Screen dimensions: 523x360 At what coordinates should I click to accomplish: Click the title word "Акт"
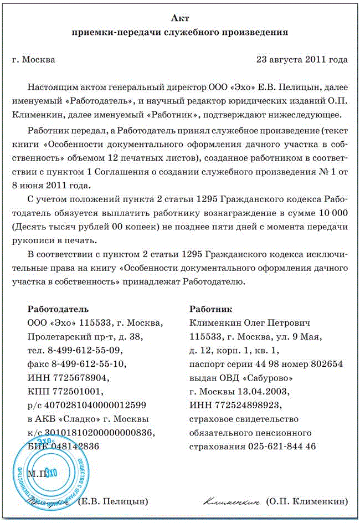(180, 19)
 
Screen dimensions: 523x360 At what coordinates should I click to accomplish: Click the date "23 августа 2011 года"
(302, 59)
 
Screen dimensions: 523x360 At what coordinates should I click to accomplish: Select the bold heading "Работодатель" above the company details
(58, 309)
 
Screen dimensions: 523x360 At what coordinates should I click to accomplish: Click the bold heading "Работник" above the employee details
(210, 309)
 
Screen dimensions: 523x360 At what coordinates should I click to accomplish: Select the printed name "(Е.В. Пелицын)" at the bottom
(114, 501)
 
